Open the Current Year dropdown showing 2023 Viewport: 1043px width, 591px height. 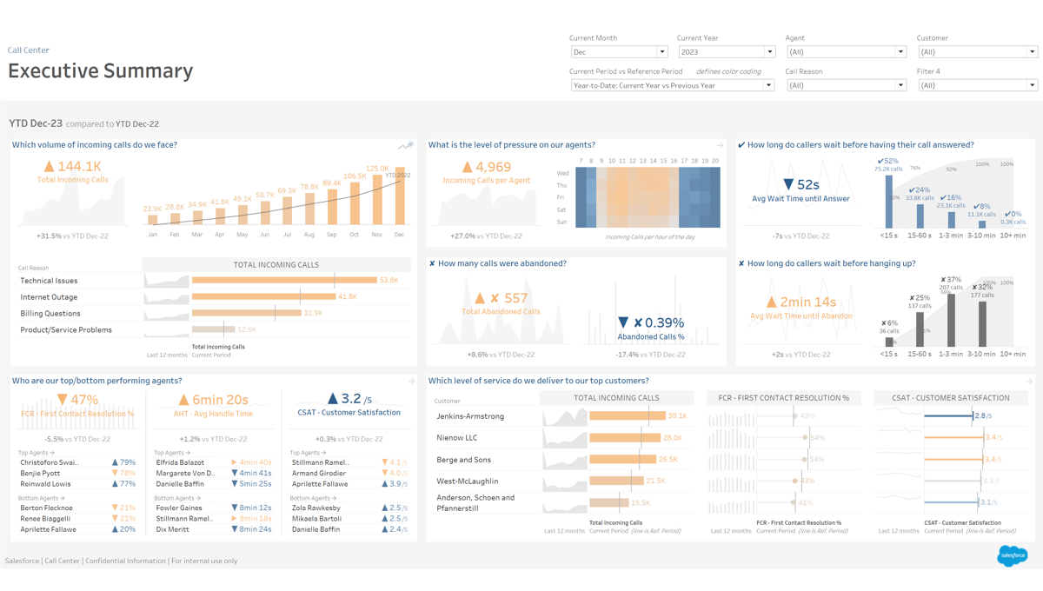(726, 52)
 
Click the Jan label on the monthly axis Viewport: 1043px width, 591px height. (153, 235)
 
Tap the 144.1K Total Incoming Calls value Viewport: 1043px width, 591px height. (79, 166)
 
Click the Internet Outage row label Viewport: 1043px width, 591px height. (49, 297)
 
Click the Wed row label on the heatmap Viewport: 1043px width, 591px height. (562, 174)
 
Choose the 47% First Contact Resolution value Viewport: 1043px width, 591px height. (83, 400)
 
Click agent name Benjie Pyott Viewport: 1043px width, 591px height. (40, 474)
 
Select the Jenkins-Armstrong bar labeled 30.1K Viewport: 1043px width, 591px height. (627, 416)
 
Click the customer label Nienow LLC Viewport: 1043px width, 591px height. (457, 438)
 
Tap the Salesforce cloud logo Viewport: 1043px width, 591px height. (1013, 555)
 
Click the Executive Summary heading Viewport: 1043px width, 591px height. (101, 71)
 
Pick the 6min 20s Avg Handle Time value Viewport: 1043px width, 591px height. (213, 400)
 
